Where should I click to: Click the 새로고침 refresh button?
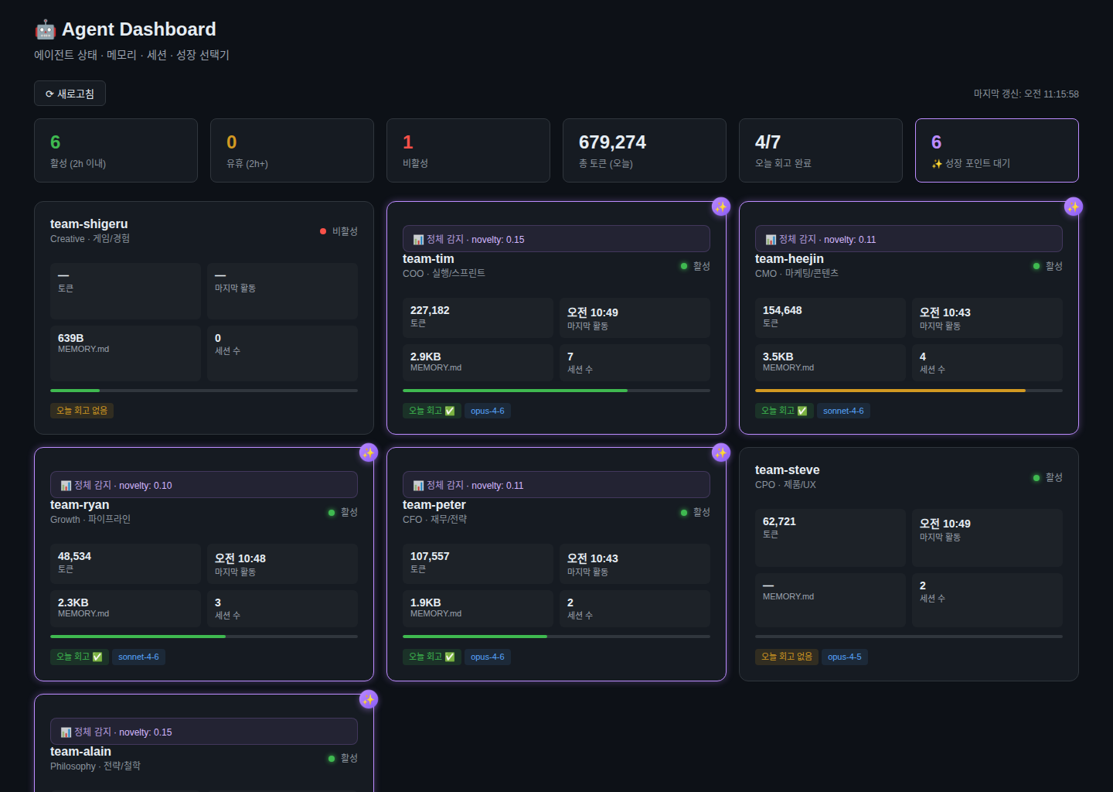[x=70, y=94]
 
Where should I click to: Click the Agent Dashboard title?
[x=138, y=29]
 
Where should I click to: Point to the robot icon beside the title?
[x=45, y=29]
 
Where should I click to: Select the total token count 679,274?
[x=612, y=142]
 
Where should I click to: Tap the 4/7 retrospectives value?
[x=768, y=142]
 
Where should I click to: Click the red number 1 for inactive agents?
[x=408, y=142]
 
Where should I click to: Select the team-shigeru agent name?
[x=89, y=224]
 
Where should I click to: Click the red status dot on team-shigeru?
[x=323, y=231]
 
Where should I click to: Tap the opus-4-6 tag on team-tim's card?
[x=487, y=411]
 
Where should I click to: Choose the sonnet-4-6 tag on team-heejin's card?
[x=843, y=411]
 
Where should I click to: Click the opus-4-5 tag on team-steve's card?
[x=844, y=657]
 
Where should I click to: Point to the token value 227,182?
[x=430, y=310]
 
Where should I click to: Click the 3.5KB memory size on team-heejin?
[x=778, y=357]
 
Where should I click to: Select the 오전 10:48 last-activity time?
[x=240, y=558]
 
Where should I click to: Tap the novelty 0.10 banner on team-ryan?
[x=203, y=485]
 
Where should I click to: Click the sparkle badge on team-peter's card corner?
[x=721, y=452]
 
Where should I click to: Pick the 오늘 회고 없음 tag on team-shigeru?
[x=82, y=411]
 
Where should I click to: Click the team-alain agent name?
[x=80, y=752]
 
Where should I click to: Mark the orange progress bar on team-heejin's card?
[x=890, y=391]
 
